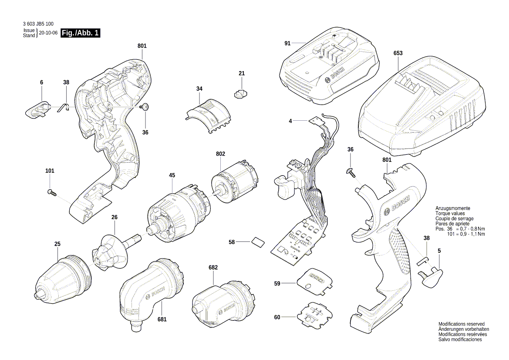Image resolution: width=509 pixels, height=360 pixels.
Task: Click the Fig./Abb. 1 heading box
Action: [81, 33]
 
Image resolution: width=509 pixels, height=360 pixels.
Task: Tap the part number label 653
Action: [398, 53]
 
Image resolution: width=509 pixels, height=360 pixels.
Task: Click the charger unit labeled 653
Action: [420, 111]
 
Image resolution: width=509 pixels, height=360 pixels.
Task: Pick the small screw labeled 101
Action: [52, 192]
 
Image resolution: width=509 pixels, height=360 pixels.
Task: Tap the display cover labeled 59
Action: [315, 280]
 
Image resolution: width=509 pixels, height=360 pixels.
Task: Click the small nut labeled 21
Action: [241, 94]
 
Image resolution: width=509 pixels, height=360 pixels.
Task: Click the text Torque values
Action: [450, 214]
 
